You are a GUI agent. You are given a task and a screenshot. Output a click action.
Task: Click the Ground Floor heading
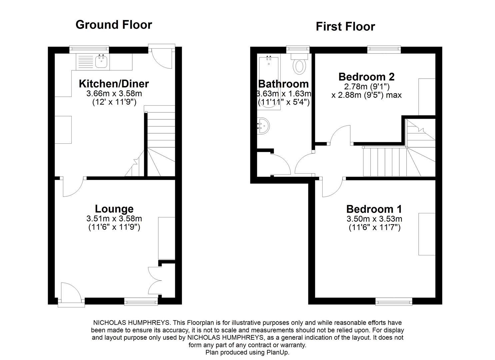tap(114, 25)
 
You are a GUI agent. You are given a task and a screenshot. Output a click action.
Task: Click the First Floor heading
tap(345, 27)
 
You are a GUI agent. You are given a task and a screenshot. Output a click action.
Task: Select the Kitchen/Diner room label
tap(114, 84)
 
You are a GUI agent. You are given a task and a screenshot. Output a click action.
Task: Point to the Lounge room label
tap(114, 209)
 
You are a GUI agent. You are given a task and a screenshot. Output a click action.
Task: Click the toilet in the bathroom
tap(299, 65)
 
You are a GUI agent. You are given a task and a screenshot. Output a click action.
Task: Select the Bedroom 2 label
tap(366, 77)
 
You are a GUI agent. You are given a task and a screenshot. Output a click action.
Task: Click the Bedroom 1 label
tap(374, 209)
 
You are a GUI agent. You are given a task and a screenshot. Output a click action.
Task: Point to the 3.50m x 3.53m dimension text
tap(374, 219)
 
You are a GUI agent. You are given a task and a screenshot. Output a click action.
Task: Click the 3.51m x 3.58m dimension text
tap(114, 219)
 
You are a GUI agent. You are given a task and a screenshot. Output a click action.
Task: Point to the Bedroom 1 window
tap(394, 302)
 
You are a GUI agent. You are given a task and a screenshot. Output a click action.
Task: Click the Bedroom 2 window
tap(384, 50)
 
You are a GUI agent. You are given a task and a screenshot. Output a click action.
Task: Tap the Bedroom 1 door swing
tap(332, 188)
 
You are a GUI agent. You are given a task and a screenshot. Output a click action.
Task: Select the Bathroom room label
tap(283, 84)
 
